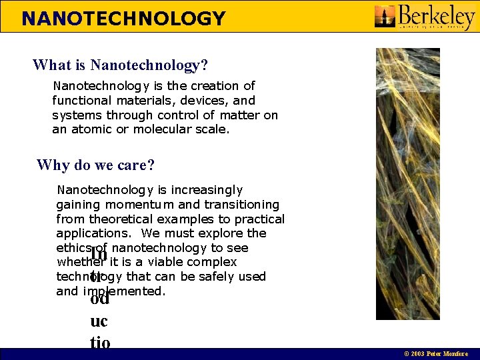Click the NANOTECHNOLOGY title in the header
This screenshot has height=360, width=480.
click(x=123, y=18)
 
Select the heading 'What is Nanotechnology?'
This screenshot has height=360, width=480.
click(x=120, y=65)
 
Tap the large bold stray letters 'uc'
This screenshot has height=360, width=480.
click(x=99, y=321)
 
